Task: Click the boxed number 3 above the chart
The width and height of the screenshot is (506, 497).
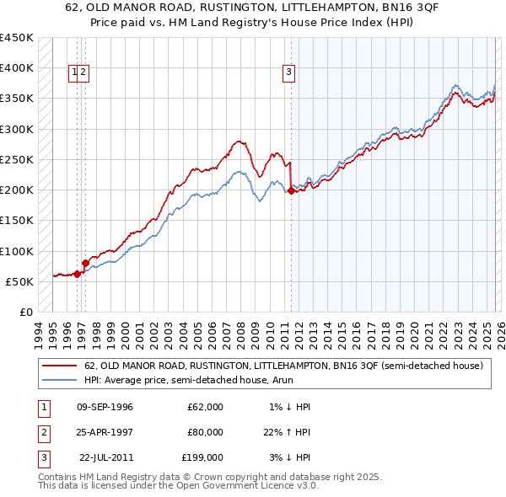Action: coord(288,72)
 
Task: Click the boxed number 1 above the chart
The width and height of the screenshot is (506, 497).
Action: coord(75,72)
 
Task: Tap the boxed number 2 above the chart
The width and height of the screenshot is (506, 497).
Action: coord(85,72)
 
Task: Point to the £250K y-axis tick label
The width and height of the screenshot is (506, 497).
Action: coord(17,159)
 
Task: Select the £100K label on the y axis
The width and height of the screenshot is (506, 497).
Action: coord(17,251)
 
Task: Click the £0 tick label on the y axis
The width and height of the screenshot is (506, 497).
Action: coord(25,312)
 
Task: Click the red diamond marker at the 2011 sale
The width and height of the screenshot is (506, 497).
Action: coord(291,191)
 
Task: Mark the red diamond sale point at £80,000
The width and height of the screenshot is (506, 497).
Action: coord(85,264)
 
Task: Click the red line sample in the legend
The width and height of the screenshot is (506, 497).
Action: coord(59,366)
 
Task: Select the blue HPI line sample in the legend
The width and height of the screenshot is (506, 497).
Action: coord(59,380)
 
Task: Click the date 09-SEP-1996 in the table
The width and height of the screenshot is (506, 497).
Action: coord(105,407)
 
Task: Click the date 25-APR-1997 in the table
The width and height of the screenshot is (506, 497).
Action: coord(105,432)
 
